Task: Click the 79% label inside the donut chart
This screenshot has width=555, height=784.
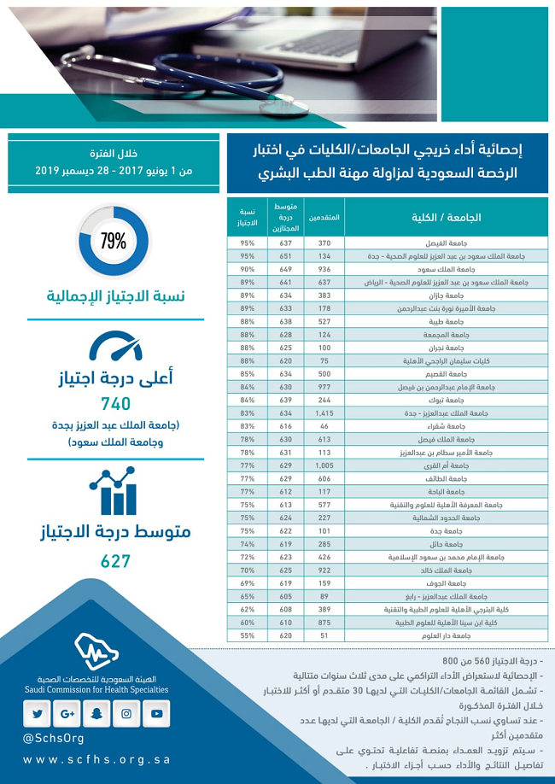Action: [x=114, y=241]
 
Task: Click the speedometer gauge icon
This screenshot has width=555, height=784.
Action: [x=115, y=346]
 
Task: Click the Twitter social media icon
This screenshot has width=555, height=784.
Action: [x=38, y=713]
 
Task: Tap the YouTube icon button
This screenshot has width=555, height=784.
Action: [x=157, y=713]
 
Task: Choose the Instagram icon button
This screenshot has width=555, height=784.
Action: [x=127, y=713]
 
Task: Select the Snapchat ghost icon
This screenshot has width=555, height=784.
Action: [x=97, y=713]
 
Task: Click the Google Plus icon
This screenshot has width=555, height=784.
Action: [x=67, y=713]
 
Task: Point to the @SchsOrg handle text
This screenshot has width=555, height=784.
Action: [x=54, y=737]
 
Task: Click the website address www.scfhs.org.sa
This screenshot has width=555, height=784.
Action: [x=96, y=759]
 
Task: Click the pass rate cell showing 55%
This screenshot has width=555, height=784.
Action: [x=248, y=636]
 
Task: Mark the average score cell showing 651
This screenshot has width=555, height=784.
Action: [x=285, y=256]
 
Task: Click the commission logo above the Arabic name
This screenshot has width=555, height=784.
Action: [x=96, y=652]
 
